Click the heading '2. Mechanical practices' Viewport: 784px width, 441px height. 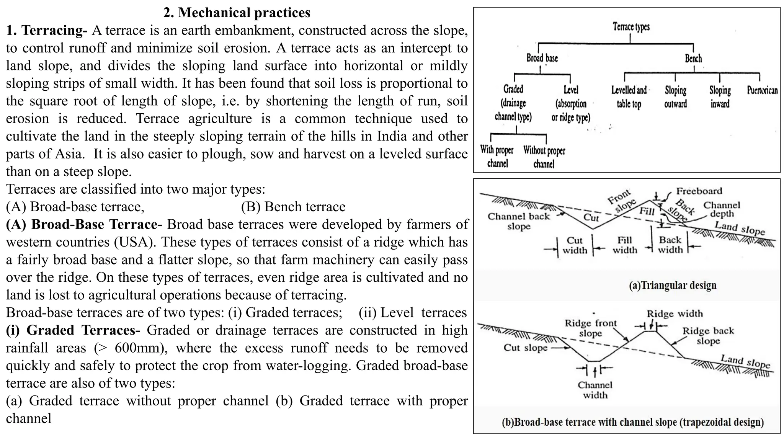coord(237,13)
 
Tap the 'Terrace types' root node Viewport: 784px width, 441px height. coord(631,27)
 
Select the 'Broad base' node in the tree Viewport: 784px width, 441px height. coord(542,58)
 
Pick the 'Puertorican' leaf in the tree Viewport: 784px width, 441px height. coord(762,91)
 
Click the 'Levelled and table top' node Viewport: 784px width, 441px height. coord(629,97)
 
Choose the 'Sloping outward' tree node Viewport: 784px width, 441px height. coord(675,97)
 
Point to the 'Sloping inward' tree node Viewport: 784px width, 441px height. coord(720,97)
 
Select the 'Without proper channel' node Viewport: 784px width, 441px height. coord(544,157)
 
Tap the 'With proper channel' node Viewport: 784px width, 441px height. coord(497,157)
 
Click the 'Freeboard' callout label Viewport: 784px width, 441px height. coord(699,191)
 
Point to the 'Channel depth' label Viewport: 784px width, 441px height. coord(722,209)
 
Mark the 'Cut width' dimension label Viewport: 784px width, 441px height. coord(575,245)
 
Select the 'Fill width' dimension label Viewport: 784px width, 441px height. coord(624,245)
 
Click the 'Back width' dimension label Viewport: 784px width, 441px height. coord(670,245)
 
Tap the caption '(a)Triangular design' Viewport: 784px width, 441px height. coord(673,286)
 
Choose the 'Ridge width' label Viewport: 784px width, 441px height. coord(675,314)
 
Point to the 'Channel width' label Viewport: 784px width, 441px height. coord(595,390)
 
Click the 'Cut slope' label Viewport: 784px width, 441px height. coord(525,348)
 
